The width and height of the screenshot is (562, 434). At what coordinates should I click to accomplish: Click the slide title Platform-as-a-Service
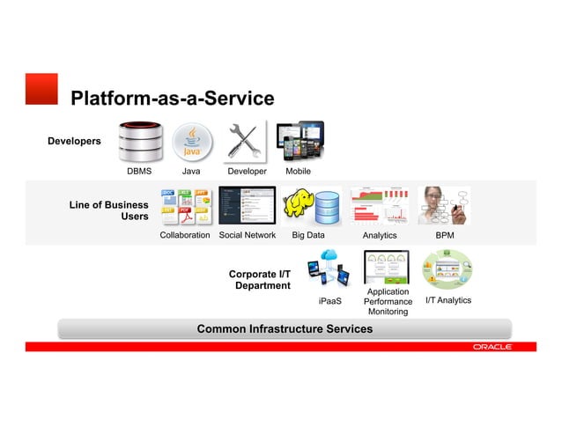pyautogui.click(x=172, y=99)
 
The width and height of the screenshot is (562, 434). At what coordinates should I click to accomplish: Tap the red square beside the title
pyautogui.click(x=41, y=89)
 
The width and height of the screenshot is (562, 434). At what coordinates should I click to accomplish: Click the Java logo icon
pyautogui.click(x=191, y=142)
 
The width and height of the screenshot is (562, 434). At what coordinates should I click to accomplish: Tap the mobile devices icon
pyautogui.click(x=299, y=140)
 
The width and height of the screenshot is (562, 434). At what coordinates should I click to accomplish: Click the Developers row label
pyautogui.click(x=74, y=141)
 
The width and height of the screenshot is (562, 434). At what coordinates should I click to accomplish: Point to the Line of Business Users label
pyautogui.click(x=109, y=210)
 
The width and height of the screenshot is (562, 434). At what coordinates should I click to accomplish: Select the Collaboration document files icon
pyautogui.click(x=184, y=207)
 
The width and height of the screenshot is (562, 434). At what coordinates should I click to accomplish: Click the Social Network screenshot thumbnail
pyautogui.click(x=247, y=207)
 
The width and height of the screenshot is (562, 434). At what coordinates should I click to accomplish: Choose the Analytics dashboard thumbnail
pyautogui.click(x=380, y=206)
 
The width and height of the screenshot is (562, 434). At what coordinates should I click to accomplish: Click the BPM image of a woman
pyautogui.click(x=445, y=206)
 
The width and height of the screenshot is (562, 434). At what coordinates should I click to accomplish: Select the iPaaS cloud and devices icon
pyautogui.click(x=329, y=269)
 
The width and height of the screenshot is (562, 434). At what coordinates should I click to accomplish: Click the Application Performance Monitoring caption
pyautogui.click(x=388, y=302)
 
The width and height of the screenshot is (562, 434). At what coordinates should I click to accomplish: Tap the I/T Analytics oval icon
pyautogui.click(x=448, y=270)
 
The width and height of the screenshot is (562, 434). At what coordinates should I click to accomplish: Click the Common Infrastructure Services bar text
pyautogui.click(x=285, y=329)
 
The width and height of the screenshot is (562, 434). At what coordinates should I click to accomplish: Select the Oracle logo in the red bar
pyautogui.click(x=491, y=347)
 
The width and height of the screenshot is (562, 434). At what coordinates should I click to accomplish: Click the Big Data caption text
pyautogui.click(x=308, y=236)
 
